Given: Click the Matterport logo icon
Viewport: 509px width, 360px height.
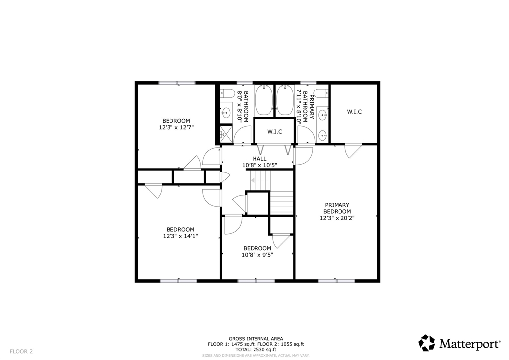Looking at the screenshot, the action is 426,343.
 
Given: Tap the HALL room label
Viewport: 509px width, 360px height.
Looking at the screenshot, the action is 259,159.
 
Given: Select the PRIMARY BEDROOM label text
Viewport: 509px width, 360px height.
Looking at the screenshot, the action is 337,208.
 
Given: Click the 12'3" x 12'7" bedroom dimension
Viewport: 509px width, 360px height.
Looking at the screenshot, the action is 176,128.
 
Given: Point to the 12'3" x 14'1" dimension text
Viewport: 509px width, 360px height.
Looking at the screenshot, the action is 180,236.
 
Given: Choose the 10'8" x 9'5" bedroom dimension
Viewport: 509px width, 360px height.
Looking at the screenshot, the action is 257,255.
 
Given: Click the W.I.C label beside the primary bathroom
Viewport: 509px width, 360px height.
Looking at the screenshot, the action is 354,112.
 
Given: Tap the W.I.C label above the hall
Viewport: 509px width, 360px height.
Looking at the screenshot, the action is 275,131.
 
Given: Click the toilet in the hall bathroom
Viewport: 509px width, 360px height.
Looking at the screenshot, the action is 227,93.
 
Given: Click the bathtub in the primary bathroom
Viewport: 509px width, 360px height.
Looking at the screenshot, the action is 285,99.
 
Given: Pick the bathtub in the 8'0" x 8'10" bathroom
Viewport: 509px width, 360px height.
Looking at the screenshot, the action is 264,99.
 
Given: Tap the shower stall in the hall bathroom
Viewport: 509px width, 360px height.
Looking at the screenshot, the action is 226,133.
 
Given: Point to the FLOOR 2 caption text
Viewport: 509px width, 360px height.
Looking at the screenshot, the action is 21,351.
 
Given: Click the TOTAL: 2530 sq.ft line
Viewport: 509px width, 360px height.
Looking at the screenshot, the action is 256,349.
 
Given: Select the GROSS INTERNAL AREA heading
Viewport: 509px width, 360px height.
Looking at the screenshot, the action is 256,338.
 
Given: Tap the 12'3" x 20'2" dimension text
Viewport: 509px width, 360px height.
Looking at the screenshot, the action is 337,218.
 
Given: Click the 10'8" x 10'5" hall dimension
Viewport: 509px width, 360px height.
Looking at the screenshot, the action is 259,165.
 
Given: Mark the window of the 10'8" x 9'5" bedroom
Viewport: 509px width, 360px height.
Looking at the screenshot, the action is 256,281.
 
